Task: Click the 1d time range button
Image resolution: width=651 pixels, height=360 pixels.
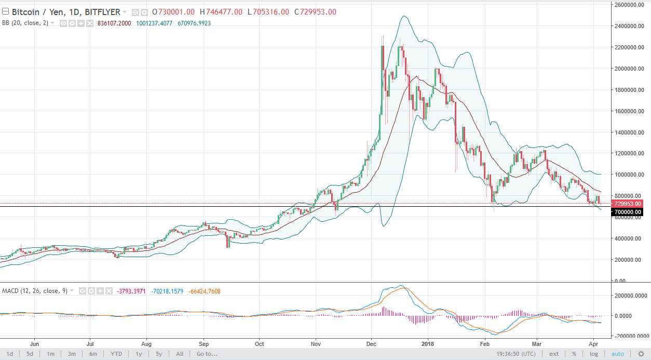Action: (x=10, y=354)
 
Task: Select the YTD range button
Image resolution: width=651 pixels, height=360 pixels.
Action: (x=116, y=354)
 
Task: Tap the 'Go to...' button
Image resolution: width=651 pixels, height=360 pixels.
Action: (x=207, y=354)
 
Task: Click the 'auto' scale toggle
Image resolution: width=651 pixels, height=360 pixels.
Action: (x=618, y=354)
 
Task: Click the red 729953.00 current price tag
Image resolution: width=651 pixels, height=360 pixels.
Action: (x=627, y=204)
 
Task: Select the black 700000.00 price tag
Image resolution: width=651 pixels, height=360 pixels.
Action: (x=627, y=212)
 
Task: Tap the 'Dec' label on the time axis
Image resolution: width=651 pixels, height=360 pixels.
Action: (x=372, y=343)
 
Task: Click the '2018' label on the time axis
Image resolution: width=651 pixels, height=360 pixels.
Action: (x=428, y=343)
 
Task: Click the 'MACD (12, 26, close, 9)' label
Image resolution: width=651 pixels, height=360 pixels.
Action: (x=34, y=291)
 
